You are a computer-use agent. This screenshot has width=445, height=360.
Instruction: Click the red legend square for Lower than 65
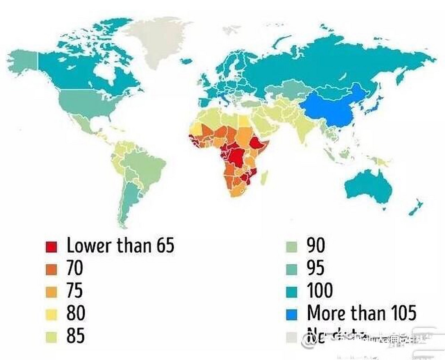pyautogui.click(x=51, y=246)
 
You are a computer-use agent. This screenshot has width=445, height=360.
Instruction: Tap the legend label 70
pyautogui.click(x=75, y=268)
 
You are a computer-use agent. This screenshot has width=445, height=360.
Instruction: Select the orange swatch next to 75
pyautogui.click(x=51, y=292)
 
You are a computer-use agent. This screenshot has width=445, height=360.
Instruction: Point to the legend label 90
pyautogui.click(x=316, y=245)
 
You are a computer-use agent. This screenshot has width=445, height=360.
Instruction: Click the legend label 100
pyautogui.click(x=319, y=290)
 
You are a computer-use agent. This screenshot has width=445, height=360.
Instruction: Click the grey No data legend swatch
pyautogui.click(x=291, y=337)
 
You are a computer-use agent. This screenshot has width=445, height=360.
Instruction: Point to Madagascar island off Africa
pyautogui.click(x=264, y=178)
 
